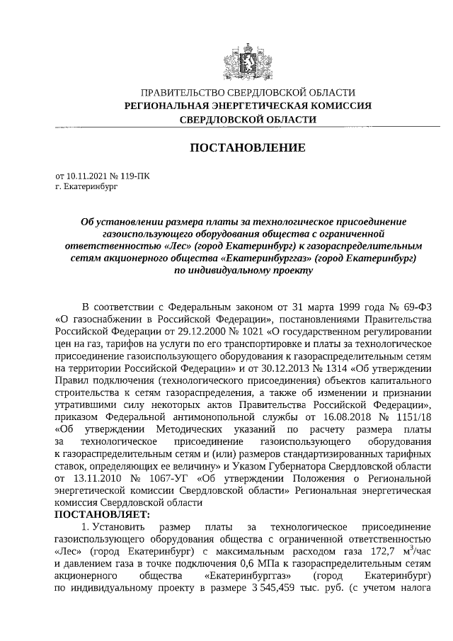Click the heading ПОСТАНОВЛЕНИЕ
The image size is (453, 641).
[248, 148]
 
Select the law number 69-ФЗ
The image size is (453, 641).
[415, 307]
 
